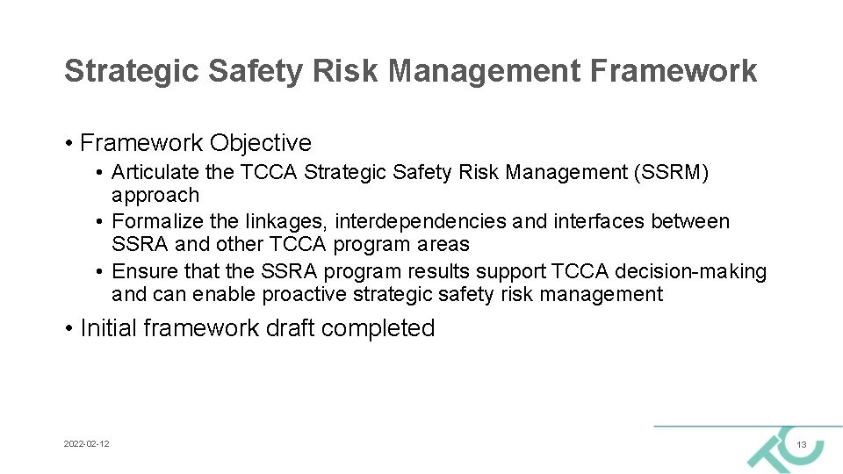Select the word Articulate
click(x=155, y=172)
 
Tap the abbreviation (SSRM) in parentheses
click(x=671, y=172)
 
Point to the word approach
click(x=155, y=195)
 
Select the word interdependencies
click(x=421, y=221)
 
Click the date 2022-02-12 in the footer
click(x=87, y=445)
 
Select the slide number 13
click(x=801, y=446)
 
